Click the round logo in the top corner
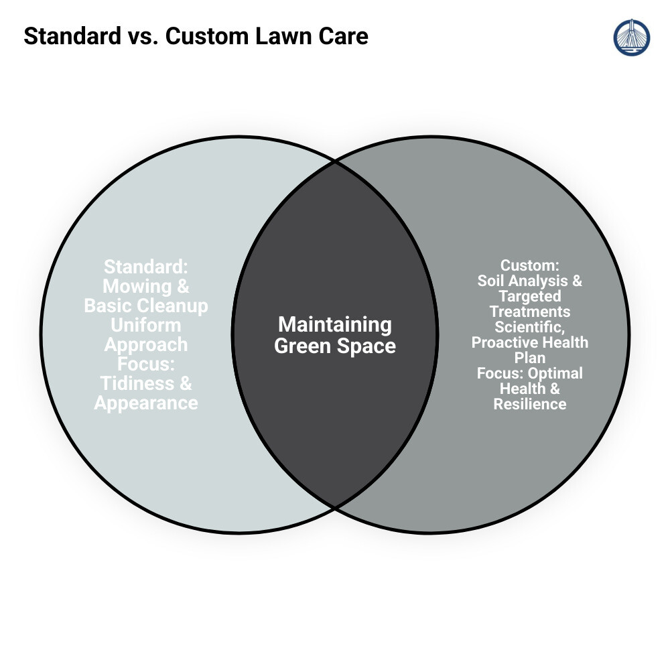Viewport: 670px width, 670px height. click(631, 38)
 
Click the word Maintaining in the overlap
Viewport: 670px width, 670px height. click(335, 325)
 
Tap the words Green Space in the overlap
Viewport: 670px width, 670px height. click(335, 346)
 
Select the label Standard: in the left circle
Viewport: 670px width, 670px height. click(146, 267)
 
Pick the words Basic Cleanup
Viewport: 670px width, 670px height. click(146, 306)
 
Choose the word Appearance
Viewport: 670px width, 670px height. click(146, 403)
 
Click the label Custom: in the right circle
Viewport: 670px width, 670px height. click(529, 265)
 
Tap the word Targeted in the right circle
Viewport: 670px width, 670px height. click(529, 296)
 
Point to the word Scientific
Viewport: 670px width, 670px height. click(529, 327)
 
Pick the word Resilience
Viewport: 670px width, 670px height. click(529, 404)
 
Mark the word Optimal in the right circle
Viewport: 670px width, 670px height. click(555, 373)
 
